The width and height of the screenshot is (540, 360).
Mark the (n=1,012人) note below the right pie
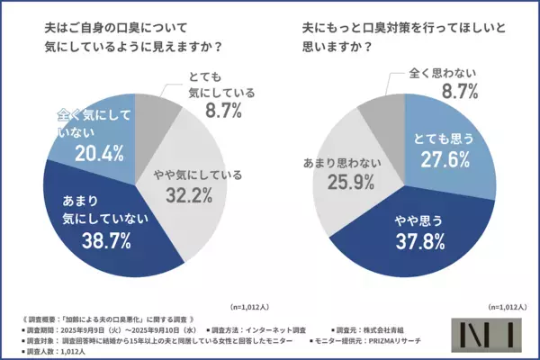coord(508,307)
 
